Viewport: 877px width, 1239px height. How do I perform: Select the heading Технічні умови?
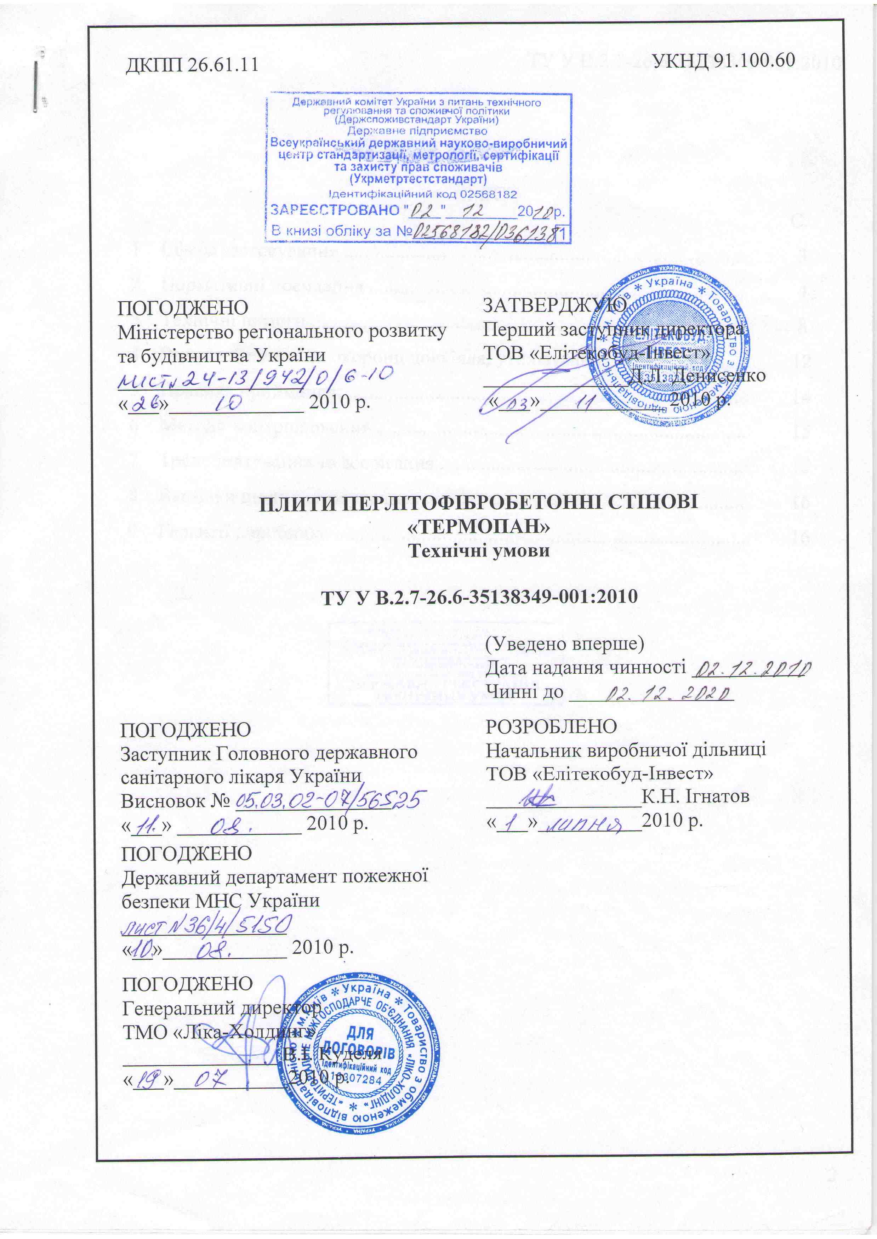coord(478,551)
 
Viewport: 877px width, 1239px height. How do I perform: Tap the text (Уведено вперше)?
coord(565,644)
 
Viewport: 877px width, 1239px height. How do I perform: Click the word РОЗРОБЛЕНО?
coord(551,727)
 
